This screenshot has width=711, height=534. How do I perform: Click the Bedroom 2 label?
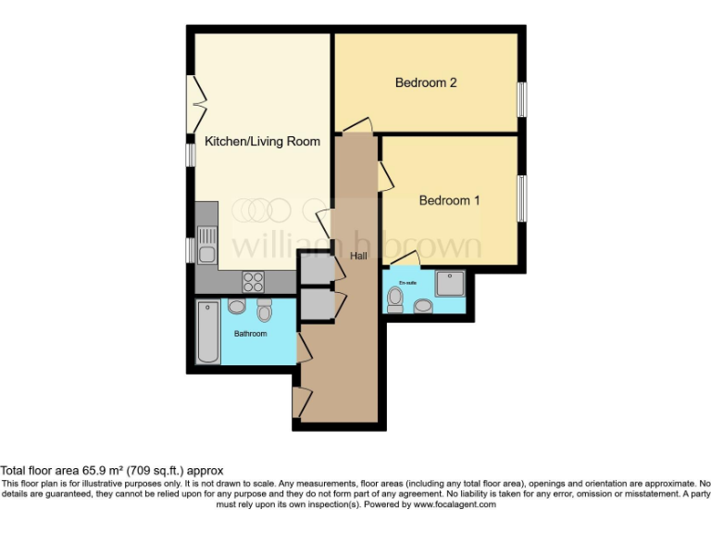426,83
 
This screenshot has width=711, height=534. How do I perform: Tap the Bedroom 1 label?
449,200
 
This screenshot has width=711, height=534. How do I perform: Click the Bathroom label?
250,334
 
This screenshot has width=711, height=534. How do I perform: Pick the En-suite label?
407,281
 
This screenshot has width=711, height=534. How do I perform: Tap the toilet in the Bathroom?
265,311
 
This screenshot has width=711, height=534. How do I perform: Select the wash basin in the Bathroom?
235,307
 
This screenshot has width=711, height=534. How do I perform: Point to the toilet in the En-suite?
396,299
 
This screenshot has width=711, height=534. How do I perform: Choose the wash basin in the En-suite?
423,305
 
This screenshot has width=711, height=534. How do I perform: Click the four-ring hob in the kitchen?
253,279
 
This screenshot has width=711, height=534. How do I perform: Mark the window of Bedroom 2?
522,100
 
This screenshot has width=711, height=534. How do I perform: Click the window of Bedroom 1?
522,199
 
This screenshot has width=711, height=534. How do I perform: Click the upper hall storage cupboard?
316,268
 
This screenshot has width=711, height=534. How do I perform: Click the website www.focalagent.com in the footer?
454,505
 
